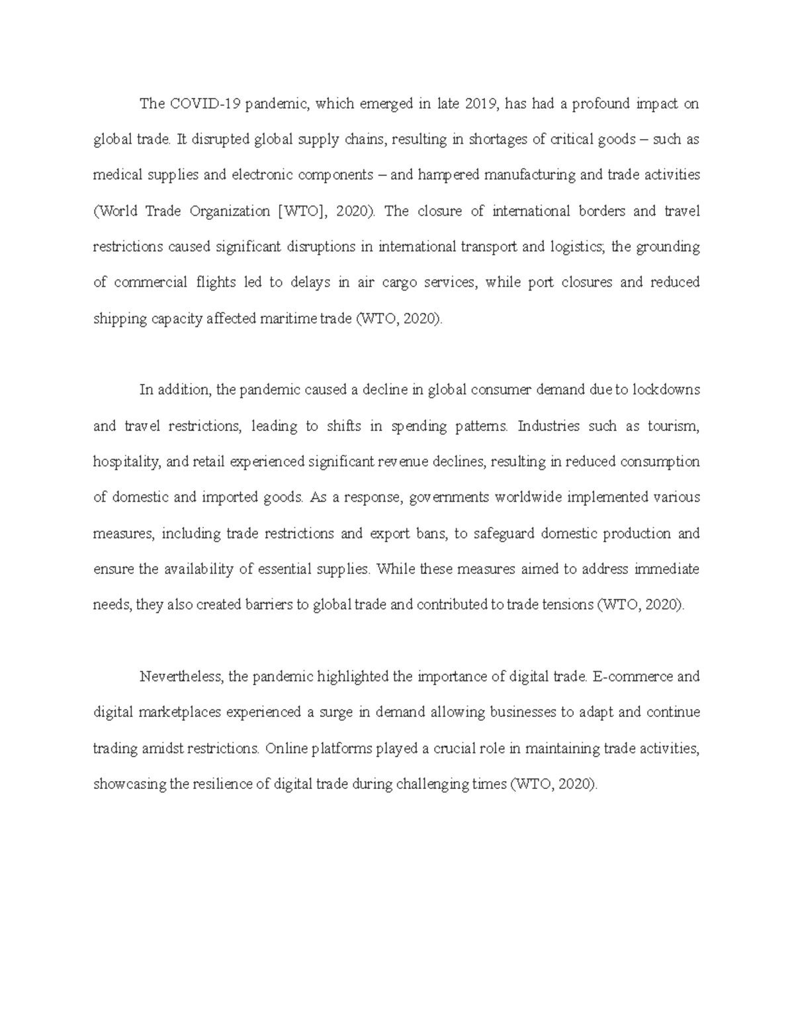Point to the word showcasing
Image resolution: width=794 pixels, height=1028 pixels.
pyautogui.click(x=130, y=784)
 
